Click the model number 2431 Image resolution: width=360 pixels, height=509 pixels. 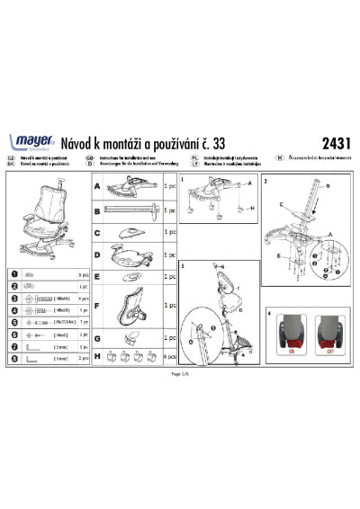point(337,141)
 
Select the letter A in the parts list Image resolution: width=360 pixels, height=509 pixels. point(96,184)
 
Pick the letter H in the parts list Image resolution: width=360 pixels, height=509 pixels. point(96,356)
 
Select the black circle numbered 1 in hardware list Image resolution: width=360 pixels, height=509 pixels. point(12,272)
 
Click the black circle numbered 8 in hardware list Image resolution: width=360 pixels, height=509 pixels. point(12,357)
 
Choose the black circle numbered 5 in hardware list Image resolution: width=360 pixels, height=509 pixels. point(12,321)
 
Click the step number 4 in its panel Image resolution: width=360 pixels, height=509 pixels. point(270,313)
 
